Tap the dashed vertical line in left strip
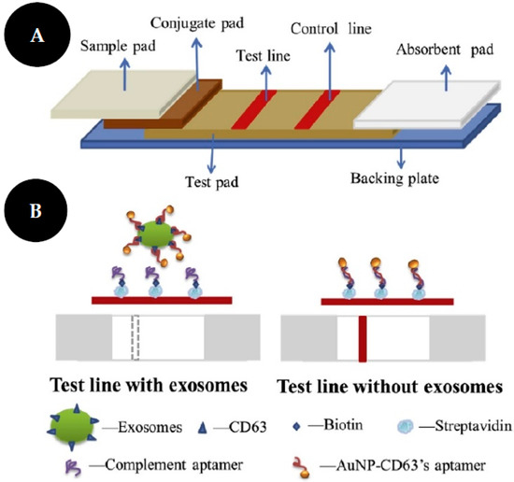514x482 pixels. point(139,338)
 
